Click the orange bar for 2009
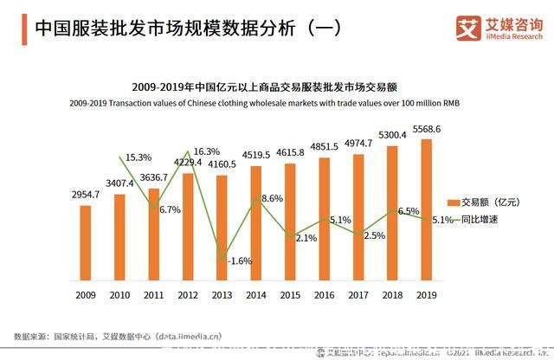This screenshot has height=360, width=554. [x=85, y=243]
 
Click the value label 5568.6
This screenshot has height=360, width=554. [x=426, y=129]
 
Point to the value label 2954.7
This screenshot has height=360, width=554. [x=85, y=196]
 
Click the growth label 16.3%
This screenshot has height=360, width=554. [x=206, y=151]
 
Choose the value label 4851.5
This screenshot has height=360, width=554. [x=325, y=147]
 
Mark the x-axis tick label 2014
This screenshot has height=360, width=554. [x=255, y=294]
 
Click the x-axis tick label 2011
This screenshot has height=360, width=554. [x=153, y=294]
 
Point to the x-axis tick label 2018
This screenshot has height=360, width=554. [x=391, y=294]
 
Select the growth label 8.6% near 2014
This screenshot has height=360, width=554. [x=271, y=199]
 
